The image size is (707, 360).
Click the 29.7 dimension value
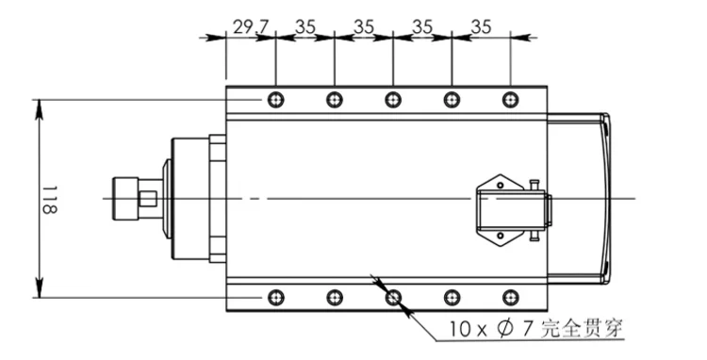[x=251, y=27]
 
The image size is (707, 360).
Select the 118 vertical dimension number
[x=49, y=199]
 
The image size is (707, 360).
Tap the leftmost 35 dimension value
[x=305, y=27]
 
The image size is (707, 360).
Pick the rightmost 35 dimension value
[x=481, y=27]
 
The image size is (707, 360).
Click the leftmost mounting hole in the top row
[x=276, y=99]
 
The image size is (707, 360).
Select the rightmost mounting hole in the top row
[x=510, y=99]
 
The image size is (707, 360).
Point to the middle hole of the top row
[x=393, y=99]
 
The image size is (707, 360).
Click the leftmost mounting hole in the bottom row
[x=276, y=298]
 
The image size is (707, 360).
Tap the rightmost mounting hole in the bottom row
[x=510, y=298]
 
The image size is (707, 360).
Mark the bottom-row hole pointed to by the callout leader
[x=393, y=298]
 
